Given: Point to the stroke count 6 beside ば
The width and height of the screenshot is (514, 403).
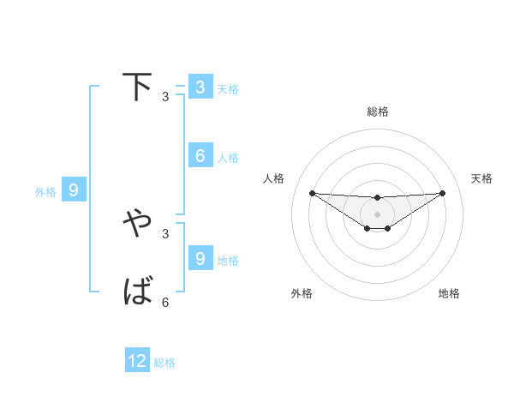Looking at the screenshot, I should [x=165, y=302].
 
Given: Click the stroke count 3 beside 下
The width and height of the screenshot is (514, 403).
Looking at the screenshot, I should [x=165, y=97].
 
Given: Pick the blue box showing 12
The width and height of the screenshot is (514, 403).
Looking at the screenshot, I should [x=137, y=361].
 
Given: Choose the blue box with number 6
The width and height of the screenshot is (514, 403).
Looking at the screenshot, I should [x=200, y=156].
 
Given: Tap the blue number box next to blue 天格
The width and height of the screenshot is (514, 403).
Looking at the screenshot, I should [x=200, y=87].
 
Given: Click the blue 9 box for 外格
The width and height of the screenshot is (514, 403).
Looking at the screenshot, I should [x=74, y=190].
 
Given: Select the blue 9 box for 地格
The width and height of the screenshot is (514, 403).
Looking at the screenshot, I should [x=200, y=258].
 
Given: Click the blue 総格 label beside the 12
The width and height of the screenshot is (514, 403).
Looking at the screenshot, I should [x=164, y=363].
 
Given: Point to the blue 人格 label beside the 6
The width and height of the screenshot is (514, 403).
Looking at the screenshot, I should [x=228, y=158].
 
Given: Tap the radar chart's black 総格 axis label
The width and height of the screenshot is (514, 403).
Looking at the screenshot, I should [x=377, y=111].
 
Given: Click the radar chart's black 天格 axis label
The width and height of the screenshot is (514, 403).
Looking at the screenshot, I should [x=481, y=178].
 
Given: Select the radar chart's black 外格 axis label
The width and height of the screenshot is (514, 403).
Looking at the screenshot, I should [x=302, y=293].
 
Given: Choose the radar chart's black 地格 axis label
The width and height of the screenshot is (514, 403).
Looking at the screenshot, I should [x=449, y=293].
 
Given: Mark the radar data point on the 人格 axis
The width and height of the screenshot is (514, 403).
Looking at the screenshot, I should [x=312, y=193].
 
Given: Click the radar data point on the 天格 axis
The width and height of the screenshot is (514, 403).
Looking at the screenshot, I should [x=442, y=193].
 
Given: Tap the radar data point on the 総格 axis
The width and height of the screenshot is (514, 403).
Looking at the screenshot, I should [x=377, y=198].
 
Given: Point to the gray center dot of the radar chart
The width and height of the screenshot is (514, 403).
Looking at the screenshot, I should [x=377, y=214].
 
